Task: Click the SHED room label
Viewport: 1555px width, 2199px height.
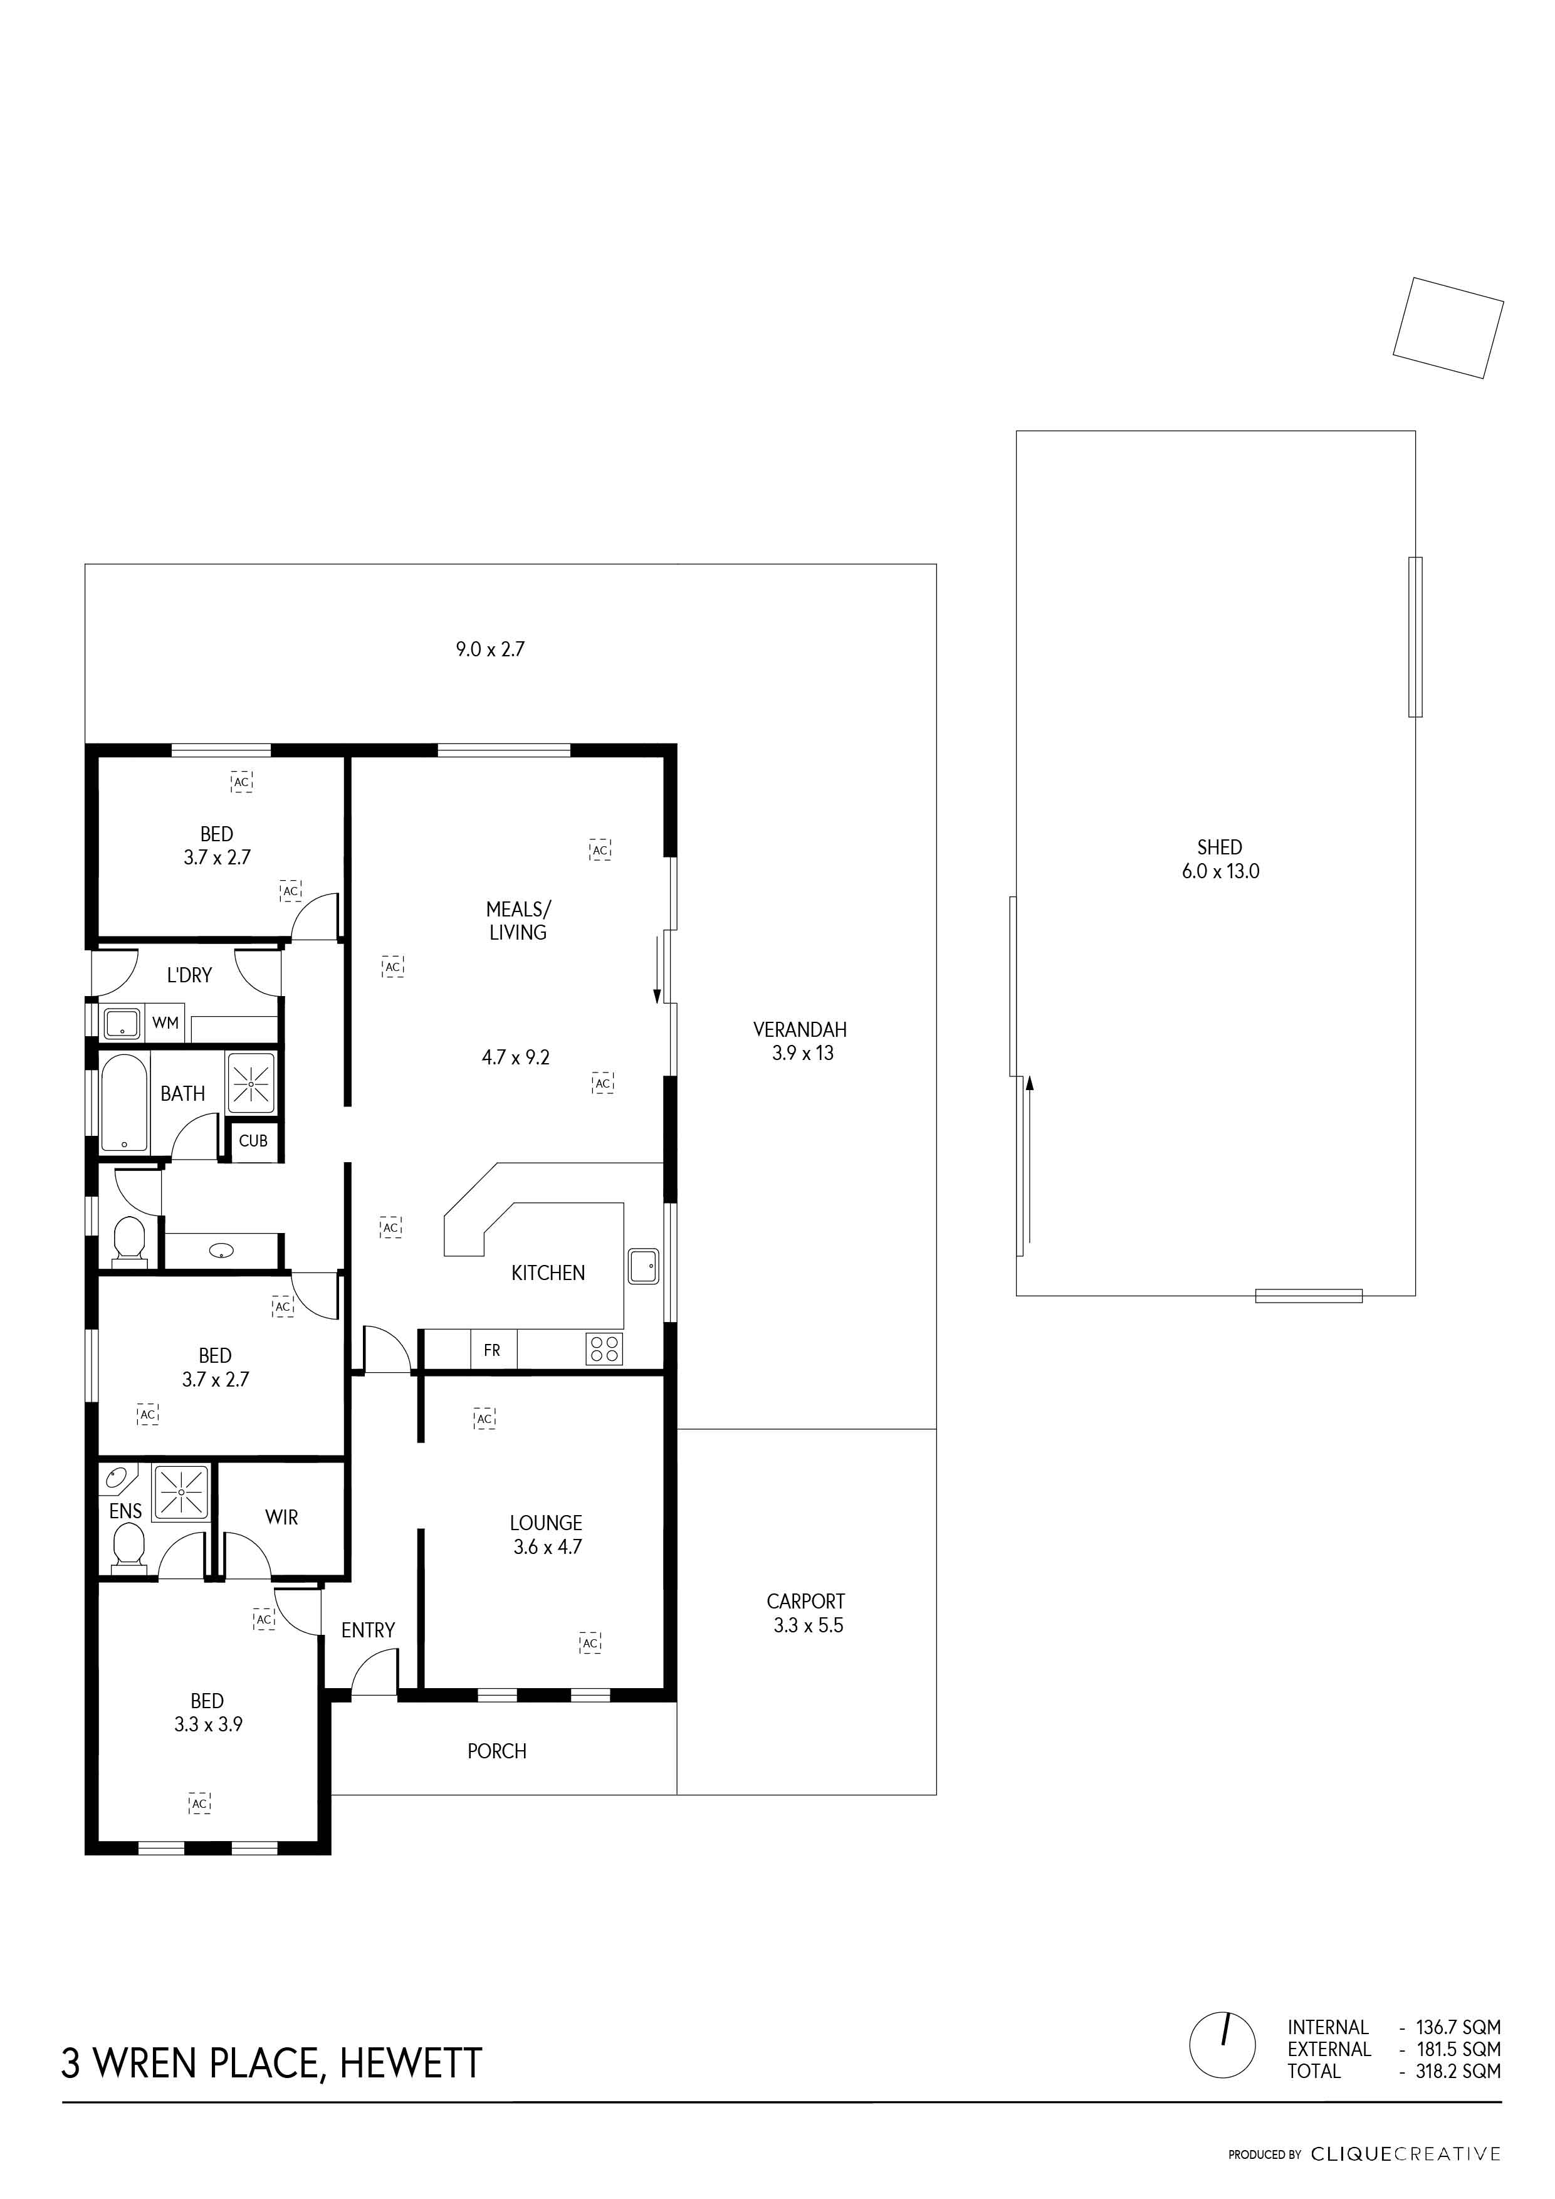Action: point(1219,847)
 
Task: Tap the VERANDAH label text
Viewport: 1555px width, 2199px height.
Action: point(800,1029)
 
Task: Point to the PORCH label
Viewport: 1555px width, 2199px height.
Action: point(497,1751)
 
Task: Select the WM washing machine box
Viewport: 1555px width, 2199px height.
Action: point(165,1023)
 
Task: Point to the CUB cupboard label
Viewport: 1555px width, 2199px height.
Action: point(253,1141)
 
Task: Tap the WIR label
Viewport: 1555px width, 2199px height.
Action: point(281,1517)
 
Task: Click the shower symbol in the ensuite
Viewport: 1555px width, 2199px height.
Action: point(182,1491)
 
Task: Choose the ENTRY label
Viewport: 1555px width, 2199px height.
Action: point(368,1630)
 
